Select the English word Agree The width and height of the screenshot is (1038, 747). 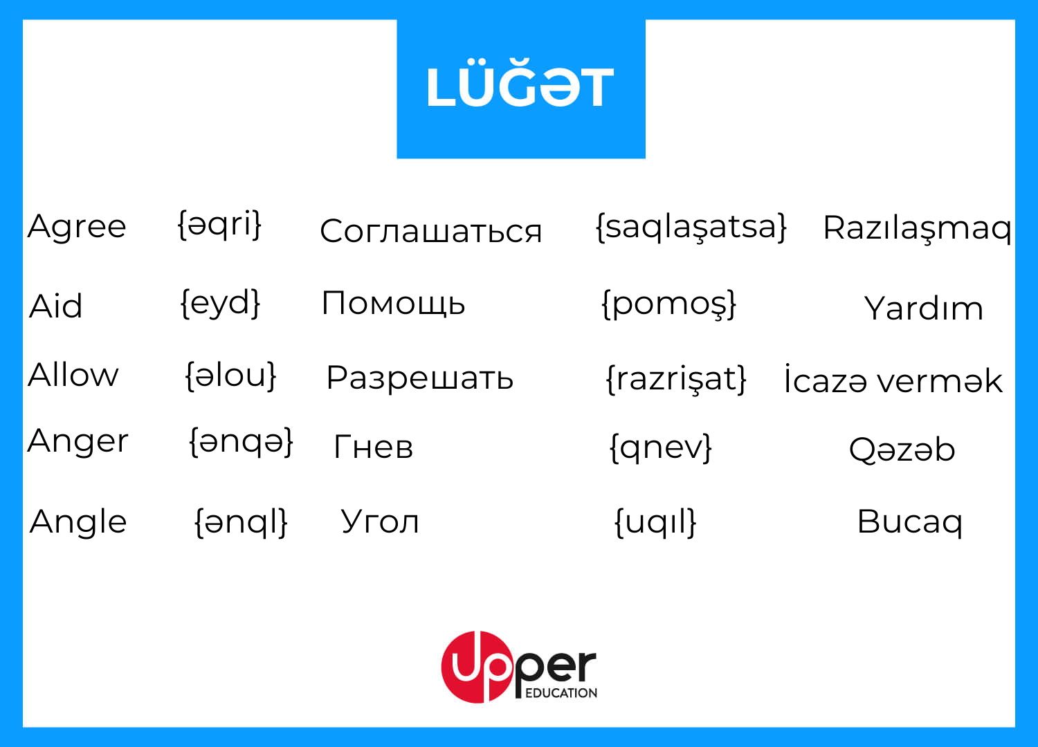pos(77,226)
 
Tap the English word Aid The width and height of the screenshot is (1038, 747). pos(55,306)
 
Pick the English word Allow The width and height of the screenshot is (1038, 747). pos(73,374)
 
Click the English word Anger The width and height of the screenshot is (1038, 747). pos(78,441)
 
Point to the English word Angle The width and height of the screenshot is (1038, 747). pos(78,522)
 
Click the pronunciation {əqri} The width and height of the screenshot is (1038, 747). pos(219,225)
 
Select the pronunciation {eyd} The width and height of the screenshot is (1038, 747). pos(220,304)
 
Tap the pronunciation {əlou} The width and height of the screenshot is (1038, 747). pos(230,376)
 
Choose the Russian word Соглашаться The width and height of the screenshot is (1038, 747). pos(430,230)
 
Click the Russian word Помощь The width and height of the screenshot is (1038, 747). pos(393,304)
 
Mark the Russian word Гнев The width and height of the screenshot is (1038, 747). pos(373,446)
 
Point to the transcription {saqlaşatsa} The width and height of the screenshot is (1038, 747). pos(691,228)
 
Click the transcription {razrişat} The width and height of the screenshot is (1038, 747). pos(677,379)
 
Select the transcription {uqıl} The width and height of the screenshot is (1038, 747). pos(655,523)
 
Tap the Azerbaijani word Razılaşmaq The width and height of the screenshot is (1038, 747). pos(917,228)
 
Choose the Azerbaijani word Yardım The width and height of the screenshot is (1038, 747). pos(923,308)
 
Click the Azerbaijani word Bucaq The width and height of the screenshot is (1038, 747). pos(910,522)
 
